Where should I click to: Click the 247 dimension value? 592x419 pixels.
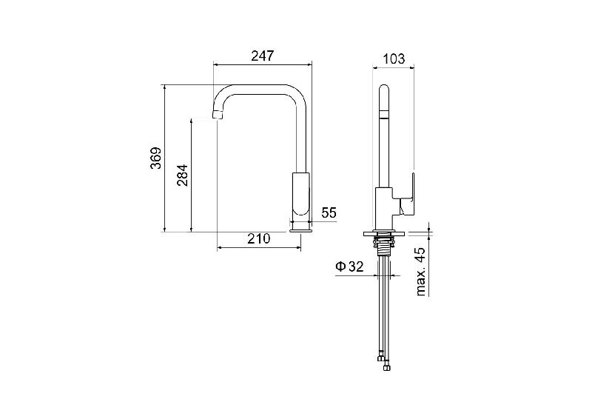coord(263,56)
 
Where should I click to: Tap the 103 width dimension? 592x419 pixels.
coord(394,59)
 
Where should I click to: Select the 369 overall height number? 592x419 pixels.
coord(156,158)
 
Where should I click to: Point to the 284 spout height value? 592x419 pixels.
coord(182,175)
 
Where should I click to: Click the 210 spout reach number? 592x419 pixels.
coord(259,238)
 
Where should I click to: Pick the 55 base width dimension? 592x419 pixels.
coord(329,212)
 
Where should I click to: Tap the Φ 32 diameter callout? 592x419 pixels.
coord(349,267)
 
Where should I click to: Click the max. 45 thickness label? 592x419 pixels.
coord(420,271)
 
